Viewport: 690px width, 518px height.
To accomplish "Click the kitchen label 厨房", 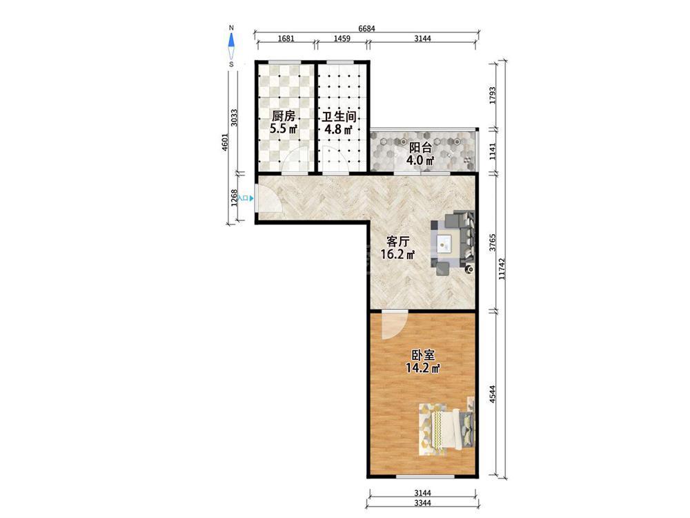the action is click(283, 116).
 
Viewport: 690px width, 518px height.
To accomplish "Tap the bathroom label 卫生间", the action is click(338, 117).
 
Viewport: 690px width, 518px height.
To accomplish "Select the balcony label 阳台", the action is click(420, 148).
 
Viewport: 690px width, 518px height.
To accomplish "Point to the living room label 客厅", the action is click(398, 241).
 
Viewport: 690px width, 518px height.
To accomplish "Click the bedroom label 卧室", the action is click(424, 355).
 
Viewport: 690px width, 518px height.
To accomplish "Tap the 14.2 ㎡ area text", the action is click(423, 368).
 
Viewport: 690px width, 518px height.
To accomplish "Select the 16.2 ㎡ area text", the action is click(398, 254).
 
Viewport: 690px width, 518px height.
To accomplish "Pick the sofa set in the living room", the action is click(453, 242).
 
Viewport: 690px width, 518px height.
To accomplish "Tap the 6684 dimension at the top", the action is click(366, 29).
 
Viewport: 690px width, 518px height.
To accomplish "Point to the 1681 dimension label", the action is click(286, 38).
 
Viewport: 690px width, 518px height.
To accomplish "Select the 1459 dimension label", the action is click(342, 38).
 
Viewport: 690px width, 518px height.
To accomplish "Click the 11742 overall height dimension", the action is click(502, 269).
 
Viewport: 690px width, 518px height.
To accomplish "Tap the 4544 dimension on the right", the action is click(493, 394).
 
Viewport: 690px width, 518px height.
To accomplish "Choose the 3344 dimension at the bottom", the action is click(422, 503).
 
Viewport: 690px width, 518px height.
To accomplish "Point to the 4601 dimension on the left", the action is click(226, 142).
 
